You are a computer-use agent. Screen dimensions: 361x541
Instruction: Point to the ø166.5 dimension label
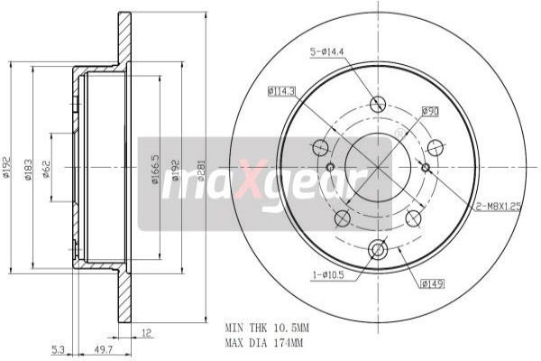point(155,170)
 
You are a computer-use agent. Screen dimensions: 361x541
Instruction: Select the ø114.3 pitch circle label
point(282,90)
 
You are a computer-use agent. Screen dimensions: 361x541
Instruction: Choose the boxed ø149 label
point(431,284)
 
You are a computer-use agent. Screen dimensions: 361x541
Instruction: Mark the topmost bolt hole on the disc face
point(378,104)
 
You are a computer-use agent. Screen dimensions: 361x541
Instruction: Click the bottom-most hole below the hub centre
point(378,249)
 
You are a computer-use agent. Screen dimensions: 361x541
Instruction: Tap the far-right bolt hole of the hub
point(436,148)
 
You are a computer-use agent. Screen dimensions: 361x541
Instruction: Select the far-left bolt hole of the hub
point(320,147)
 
